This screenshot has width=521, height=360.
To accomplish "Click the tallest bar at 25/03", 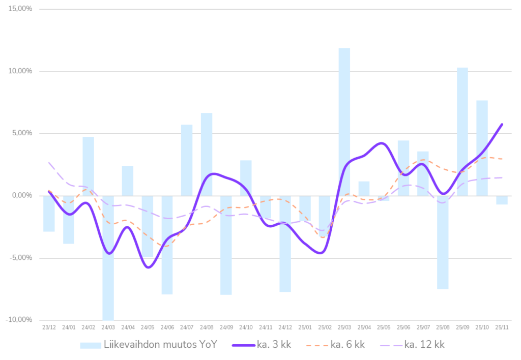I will [344, 122].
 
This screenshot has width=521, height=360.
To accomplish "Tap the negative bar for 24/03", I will [108, 257].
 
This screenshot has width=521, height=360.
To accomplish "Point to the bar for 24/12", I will [285, 244].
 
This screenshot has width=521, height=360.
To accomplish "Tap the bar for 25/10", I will [482, 147].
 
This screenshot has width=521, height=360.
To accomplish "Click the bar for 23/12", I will [49, 214].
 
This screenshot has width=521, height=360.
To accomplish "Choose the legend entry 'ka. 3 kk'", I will [262, 345].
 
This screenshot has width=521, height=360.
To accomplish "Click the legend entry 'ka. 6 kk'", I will [336, 345].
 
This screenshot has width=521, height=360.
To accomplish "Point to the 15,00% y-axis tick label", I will [21, 9].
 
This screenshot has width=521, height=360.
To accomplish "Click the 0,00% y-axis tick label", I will [22, 196].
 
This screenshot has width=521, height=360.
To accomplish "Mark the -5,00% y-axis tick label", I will [21, 258].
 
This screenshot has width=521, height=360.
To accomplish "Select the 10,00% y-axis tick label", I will [21, 71].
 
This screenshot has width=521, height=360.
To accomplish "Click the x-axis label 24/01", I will [69, 327].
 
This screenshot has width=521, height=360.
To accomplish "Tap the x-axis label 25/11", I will [502, 327].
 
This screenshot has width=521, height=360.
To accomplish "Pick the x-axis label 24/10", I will [246, 327].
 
